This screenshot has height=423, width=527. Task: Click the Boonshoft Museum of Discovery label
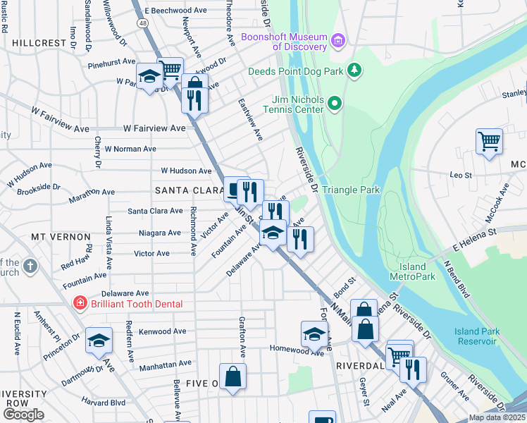(284, 42)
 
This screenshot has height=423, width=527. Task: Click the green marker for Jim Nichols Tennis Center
(335, 104)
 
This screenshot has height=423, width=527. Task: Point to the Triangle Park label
(351, 190)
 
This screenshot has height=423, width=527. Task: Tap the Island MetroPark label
(412, 271)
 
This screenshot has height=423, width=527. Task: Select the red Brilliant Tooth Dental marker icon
(80, 303)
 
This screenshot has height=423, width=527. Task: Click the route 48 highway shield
(143, 23)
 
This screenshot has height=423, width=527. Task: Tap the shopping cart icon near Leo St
(488, 141)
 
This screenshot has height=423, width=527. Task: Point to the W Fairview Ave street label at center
(154, 128)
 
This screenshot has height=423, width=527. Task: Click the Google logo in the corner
(23, 415)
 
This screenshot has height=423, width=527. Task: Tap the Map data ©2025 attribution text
(497, 417)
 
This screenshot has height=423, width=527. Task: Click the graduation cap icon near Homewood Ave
(314, 333)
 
